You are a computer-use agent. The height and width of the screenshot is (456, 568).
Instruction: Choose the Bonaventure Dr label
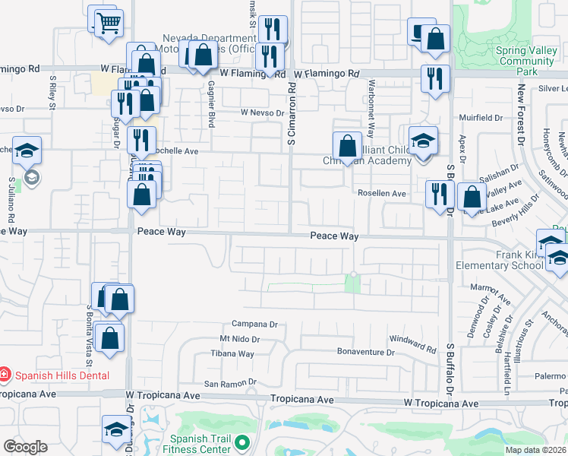(x=366, y=352)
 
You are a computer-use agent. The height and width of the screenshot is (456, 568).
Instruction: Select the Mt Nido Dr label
(x=240, y=339)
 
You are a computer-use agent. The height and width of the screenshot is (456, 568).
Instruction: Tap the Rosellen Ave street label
(x=382, y=194)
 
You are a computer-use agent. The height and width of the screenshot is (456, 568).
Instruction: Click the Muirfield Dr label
(x=481, y=118)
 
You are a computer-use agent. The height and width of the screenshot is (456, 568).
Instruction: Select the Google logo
(x=25, y=447)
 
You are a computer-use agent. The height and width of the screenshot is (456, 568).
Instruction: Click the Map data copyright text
(x=535, y=450)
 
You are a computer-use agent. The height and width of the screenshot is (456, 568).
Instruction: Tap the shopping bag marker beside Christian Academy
(x=347, y=145)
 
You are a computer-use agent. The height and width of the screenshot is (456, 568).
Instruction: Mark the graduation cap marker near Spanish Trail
(x=115, y=429)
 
